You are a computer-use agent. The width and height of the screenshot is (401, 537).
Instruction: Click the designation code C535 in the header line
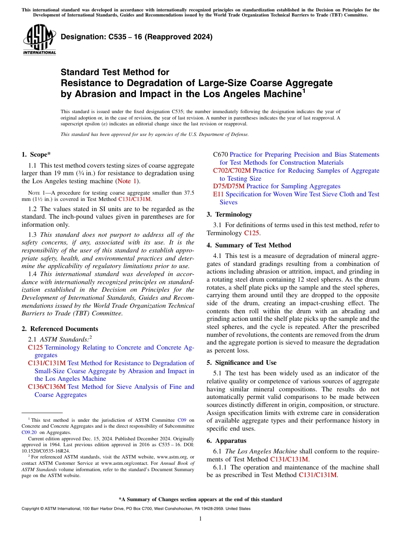point(108,37)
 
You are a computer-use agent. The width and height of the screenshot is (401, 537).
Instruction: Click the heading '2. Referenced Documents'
point(60,329)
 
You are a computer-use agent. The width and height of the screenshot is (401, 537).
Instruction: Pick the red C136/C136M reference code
point(47,387)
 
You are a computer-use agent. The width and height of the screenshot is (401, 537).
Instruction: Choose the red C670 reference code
point(220,155)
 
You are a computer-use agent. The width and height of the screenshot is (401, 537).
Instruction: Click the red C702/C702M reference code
point(232,171)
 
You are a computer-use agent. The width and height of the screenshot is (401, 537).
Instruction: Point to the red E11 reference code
point(218,194)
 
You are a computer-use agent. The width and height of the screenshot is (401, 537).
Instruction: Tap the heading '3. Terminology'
point(229,214)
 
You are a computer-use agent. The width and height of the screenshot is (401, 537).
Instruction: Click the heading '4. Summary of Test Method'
point(249,245)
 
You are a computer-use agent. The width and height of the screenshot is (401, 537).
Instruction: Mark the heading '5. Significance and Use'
point(241,363)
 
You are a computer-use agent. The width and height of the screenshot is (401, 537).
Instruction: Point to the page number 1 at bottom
point(200,519)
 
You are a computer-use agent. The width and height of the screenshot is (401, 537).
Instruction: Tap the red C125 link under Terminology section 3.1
point(252,233)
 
